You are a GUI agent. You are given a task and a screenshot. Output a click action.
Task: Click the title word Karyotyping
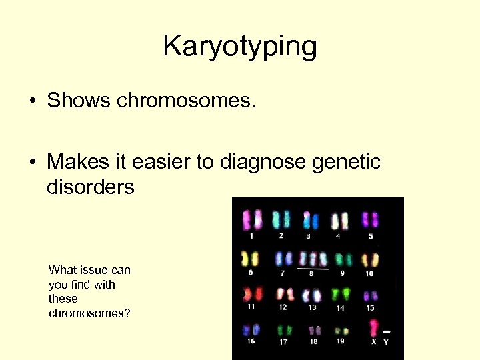pos(240,47)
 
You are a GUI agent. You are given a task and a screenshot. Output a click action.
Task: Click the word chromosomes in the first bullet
pos(186,101)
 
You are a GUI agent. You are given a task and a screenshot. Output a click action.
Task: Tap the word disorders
pos(90,187)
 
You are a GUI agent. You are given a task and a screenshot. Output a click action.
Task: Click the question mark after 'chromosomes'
pos(127,313)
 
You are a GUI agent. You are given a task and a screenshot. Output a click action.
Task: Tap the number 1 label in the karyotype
pos(251,235)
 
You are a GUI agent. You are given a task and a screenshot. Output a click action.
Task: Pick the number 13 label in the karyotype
pos(312,307)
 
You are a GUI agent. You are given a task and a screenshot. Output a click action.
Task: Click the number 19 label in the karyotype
pos(341,341)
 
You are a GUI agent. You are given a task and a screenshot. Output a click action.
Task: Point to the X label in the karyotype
pos(374,342)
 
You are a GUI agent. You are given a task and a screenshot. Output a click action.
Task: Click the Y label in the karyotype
pos(386,342)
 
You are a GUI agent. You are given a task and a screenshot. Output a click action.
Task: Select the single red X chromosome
pos(374,329)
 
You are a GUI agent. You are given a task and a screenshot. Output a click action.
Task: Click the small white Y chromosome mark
pos(387,331)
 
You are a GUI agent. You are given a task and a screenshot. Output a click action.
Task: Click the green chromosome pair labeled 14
pos(341,294)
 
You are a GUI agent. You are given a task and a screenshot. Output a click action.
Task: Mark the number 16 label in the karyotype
pos(251,341)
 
